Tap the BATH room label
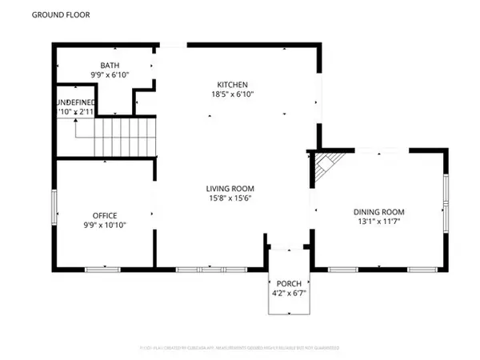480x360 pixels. click(109, 66)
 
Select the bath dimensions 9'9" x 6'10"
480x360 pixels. click(109, 75)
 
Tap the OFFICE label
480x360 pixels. click(105, 216)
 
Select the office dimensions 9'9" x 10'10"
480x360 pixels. click(105, 226)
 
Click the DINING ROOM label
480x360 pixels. click(378, 212)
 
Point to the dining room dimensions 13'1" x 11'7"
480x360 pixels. click(378, 222)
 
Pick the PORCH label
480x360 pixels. click(288, 284)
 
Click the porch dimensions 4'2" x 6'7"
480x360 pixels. click(288, 294)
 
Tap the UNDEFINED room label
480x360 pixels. click(76, 103)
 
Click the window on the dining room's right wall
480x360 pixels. click(445, 198)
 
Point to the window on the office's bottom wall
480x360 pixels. click(97, 267)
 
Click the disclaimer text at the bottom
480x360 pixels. click(240, 349)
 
